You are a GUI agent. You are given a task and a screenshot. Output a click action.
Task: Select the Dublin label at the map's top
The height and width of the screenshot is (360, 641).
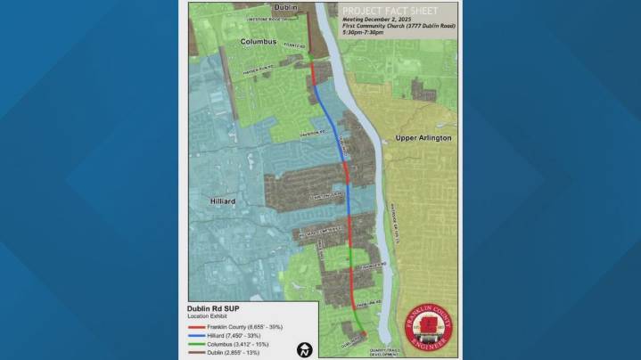pos(261,7)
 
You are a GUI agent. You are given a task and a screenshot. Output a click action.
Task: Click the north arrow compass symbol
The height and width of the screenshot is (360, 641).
pos(305,348)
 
